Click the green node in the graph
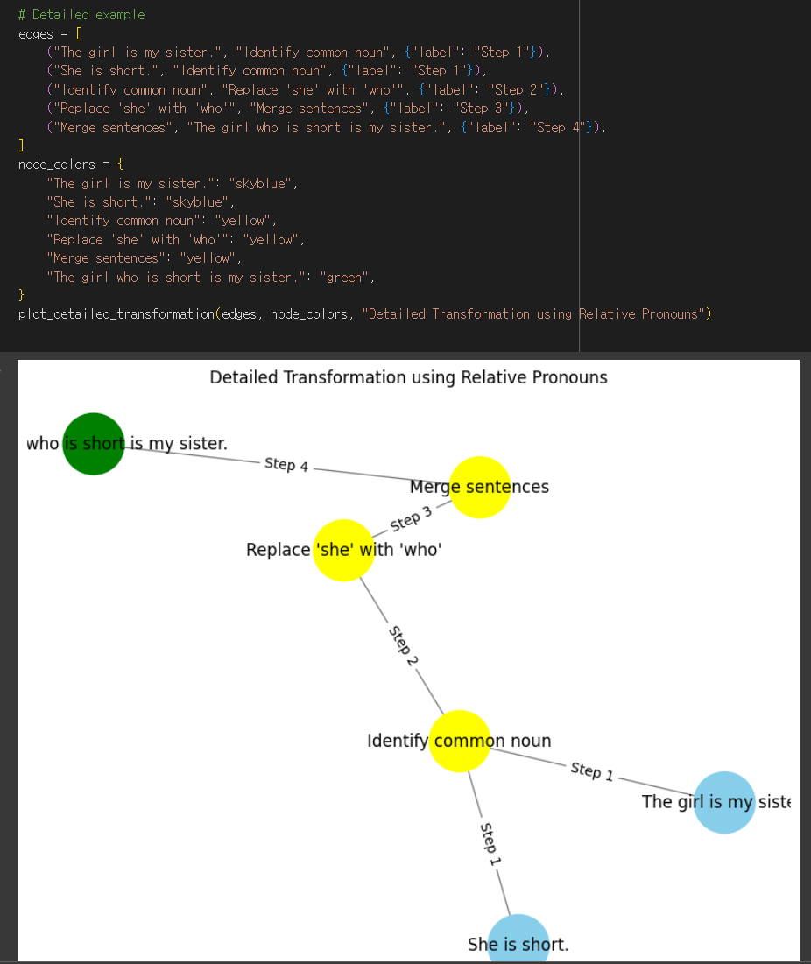point(94,443)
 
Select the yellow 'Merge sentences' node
point(480,487)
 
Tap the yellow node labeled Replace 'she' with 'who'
point(343,550)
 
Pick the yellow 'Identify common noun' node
point(459,741)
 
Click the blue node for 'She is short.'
point(518,940)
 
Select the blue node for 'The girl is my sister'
point(724,802)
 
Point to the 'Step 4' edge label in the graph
point(286,465)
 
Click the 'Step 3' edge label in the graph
point(411,520)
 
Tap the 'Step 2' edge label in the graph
point(402,646)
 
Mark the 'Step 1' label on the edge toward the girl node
point(592,771)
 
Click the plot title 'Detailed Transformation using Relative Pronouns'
point(408,377)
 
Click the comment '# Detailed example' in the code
point(81,15)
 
